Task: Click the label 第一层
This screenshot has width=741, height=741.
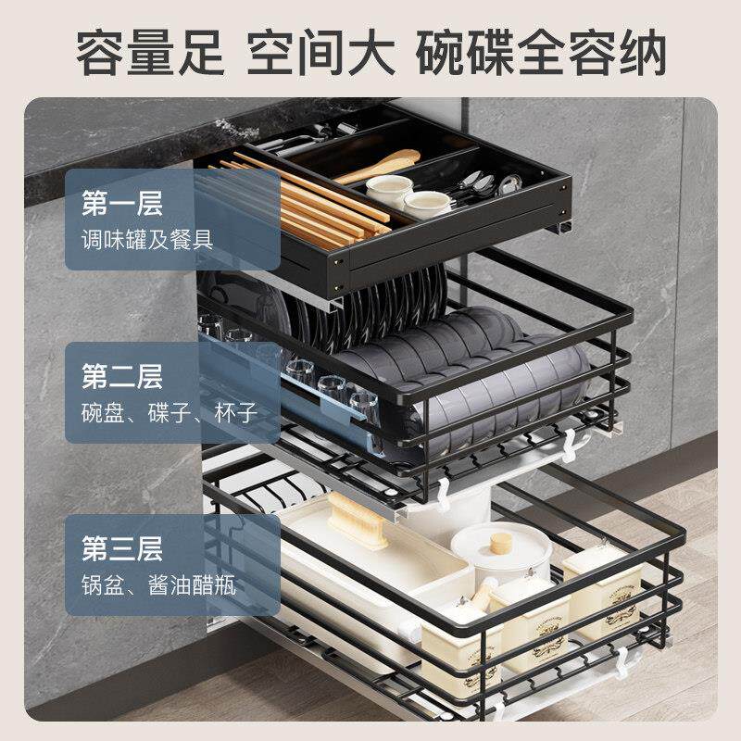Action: [x=122, y=203]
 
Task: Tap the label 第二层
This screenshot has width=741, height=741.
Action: [x=122, y=376]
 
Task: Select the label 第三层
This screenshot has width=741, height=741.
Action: [x=122, y=548]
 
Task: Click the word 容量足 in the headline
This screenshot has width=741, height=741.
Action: [x=149, y=53]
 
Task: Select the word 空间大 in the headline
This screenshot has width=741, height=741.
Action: [x=320, y=53]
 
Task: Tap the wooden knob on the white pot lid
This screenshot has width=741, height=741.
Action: [x=501, y=541]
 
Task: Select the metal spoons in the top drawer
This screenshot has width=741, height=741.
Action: [x=482, y=184]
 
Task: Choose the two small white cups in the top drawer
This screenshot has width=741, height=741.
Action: [x=408, y=195]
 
